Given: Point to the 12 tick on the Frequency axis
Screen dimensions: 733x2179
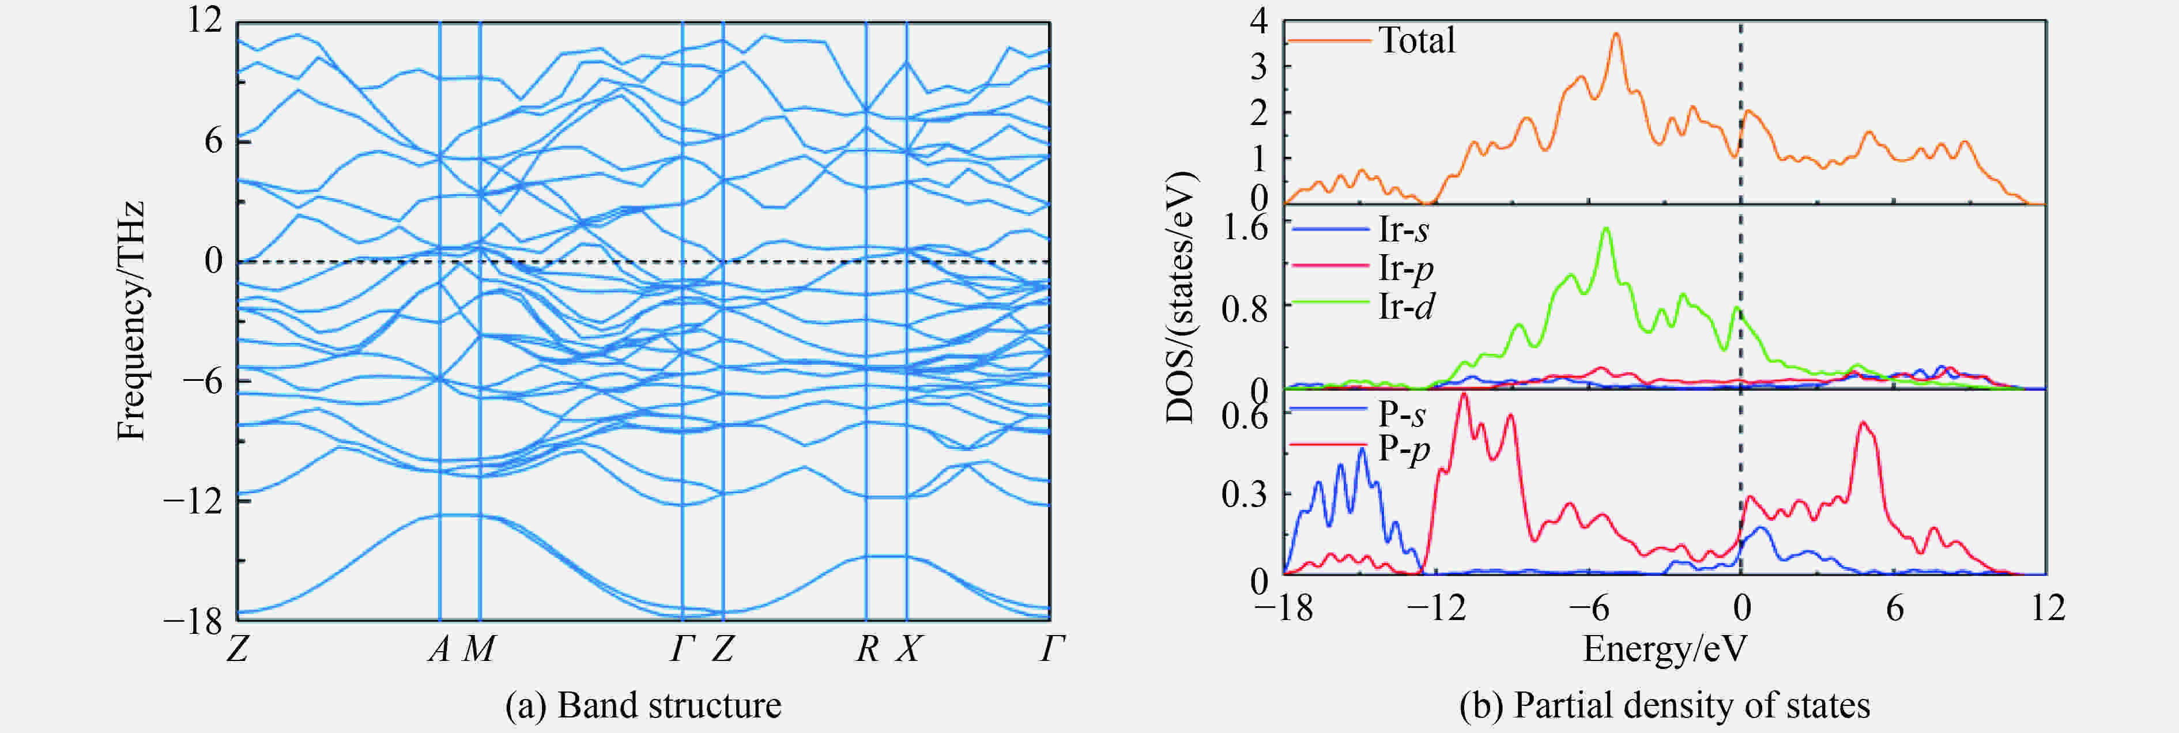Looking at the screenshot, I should pyautogui.click(x=206, y=20).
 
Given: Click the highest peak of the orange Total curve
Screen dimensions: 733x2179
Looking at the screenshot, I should pyautogui.click(x=1616, y=34).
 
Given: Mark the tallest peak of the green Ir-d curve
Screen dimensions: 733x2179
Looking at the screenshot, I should pyautogui.click(x=1605, y=228).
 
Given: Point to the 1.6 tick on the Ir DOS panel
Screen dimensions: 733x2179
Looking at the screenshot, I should pyautogui.click(x=1245, y=228).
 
